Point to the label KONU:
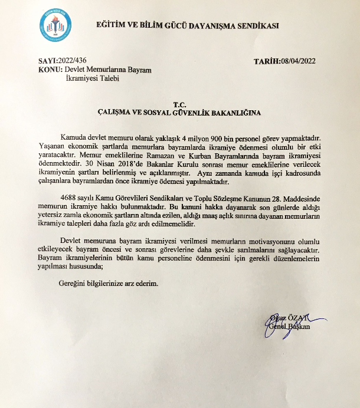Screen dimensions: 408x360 pyautogui.click(x=50, y=70)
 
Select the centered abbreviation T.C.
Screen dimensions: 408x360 pyautogui.click(x=179, y=102)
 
